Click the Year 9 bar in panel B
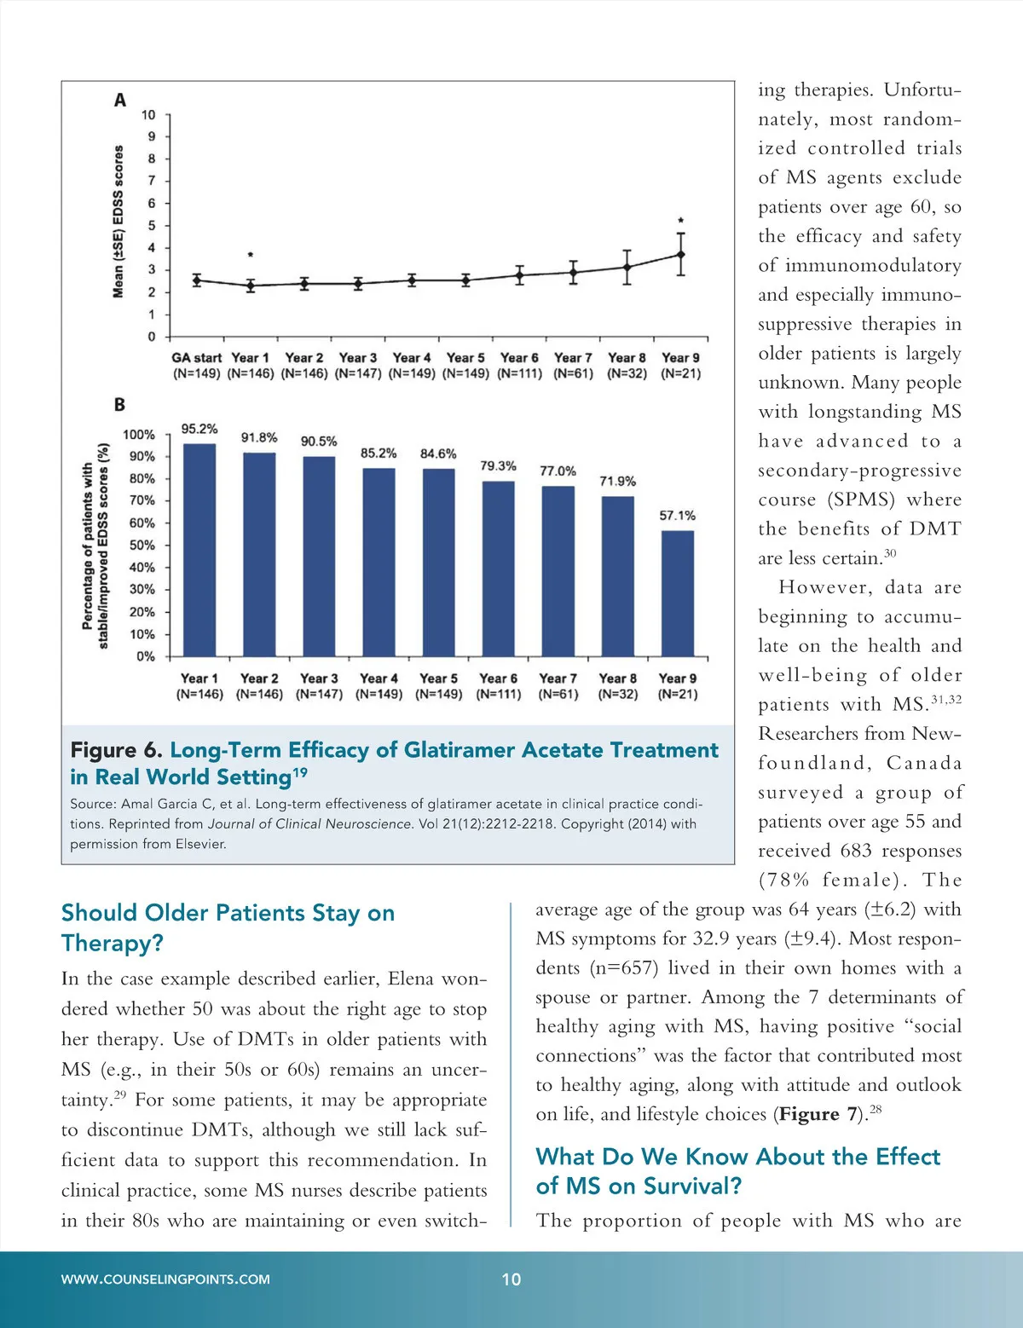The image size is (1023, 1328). point(678,593)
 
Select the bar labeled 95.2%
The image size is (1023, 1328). point(199,550)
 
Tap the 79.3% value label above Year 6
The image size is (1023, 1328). point(498,466)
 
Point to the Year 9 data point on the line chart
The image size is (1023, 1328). point(680,254)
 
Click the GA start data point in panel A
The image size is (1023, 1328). point(197,280)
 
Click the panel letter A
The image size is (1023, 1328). point(120,101)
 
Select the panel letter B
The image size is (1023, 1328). point(119,405)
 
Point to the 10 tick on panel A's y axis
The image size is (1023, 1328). point(149,114)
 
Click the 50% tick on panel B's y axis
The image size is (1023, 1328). point(142,545)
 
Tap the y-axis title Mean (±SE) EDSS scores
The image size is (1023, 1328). point(118,222)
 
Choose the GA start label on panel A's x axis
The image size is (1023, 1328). point(196,358)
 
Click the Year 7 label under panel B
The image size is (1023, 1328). point(558,678)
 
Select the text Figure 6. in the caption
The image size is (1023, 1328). point(116,750)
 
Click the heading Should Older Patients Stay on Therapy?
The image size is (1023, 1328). point(228,927)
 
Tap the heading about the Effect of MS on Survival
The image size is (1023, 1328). point(737,1171)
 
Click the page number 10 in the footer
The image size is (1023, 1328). point(511,1279)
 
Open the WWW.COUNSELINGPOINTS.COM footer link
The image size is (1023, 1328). point(165,1279)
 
